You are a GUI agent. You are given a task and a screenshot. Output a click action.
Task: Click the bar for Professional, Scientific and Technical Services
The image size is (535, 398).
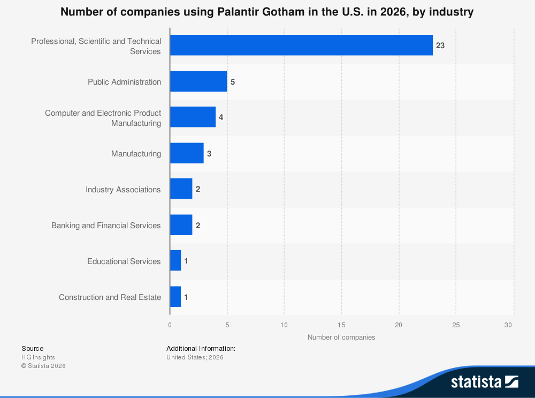point(301,46)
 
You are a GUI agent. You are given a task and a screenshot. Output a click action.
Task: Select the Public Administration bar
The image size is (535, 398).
point(198,81)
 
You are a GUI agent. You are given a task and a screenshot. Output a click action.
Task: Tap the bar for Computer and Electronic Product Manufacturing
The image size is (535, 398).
point(193,117)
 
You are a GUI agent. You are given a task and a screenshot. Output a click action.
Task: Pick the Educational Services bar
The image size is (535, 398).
point(175,261)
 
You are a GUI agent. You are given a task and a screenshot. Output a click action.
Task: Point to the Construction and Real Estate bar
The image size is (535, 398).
point(175,297)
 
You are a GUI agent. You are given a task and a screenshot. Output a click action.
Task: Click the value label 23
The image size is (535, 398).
point(440,46)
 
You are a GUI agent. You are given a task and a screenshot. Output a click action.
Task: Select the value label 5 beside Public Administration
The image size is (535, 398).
point(233,82)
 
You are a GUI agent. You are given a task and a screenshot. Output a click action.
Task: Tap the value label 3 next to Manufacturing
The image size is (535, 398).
point(209,154)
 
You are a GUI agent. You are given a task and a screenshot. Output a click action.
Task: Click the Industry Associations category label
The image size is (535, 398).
point(123,190)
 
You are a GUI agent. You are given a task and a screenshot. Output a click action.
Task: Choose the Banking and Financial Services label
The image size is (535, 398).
point(106,226)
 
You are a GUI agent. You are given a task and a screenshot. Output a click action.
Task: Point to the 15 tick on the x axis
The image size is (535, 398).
point(341,325)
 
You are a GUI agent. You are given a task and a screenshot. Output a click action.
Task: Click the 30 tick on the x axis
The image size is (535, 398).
point(509,325)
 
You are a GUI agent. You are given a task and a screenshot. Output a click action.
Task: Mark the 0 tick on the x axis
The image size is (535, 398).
point(170,325)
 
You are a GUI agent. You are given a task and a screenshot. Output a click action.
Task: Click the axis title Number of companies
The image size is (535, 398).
point(341,337)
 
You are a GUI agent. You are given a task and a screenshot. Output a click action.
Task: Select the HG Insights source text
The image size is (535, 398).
point(38,357)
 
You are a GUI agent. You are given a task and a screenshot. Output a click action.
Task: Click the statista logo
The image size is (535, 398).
point(484,381)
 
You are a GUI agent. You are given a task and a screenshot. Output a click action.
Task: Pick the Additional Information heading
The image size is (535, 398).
point(201,348)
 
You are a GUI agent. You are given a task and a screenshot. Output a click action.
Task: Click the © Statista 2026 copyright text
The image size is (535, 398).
point(43,366)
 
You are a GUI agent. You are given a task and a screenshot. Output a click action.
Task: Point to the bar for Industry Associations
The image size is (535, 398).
point(181,189)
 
